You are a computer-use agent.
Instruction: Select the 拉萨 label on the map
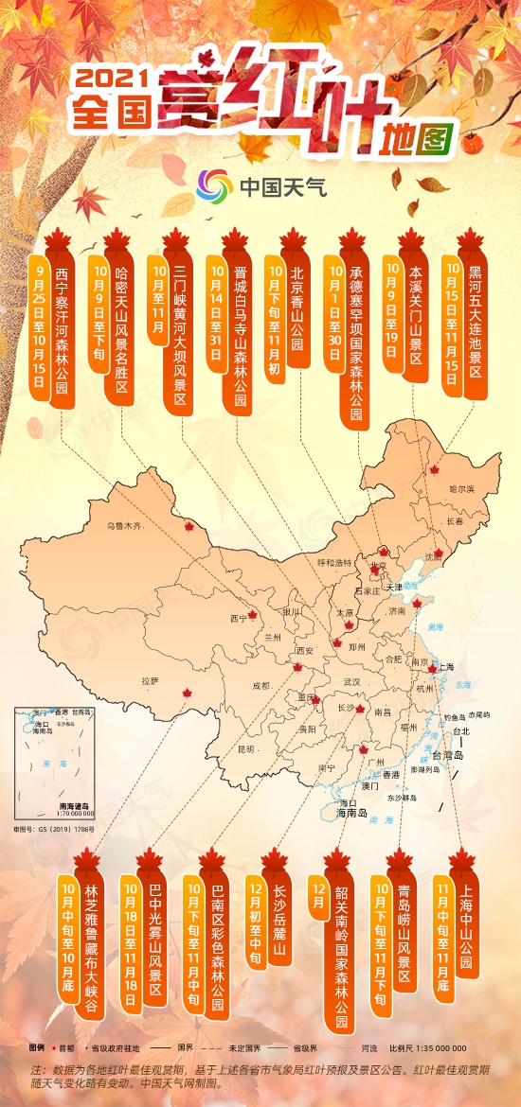(x=149, y=680)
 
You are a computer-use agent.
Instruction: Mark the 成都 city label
(x=262, y=684)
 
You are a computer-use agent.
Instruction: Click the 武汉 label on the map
(x=351, y=681)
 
